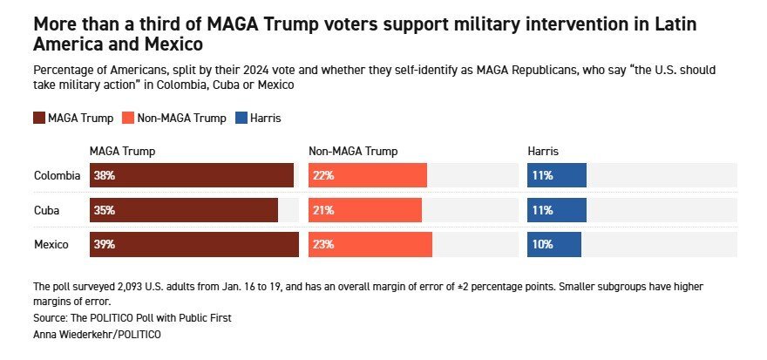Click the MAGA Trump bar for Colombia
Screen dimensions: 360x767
point(192,175)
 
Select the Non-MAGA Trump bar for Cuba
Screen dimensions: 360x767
point(365,210)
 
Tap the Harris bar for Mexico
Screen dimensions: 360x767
point(556,245)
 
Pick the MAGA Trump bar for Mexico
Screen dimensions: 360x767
point(194,245)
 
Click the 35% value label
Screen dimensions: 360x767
point(105,210)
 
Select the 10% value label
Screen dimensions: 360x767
point(542,245)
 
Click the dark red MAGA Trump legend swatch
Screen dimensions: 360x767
point(39,118)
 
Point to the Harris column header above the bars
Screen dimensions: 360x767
point(543,152)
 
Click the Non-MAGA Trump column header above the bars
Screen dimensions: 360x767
point(353,152)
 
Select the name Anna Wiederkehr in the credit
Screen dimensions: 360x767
point(69,334)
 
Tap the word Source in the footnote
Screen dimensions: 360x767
point(50,317)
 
